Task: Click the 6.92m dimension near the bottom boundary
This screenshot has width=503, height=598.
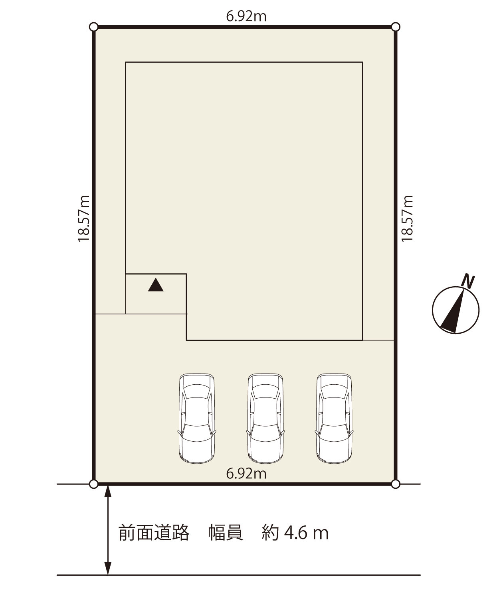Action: [246, 474]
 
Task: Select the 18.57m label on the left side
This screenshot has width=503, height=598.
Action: [84, 218]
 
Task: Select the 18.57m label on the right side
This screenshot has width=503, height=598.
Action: [407, 218]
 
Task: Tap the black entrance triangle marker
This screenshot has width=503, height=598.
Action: [156, 285]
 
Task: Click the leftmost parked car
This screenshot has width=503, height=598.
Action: [197, 419]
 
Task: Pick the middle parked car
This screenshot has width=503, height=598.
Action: [265, 419]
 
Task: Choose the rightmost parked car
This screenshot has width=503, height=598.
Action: [334, 419]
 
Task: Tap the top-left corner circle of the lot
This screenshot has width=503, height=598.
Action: [94, 27]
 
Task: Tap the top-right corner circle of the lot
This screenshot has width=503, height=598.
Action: [396, 27]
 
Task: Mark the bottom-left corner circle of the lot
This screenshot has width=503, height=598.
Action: [94, 484]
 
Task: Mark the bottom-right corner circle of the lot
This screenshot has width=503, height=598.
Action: [396, 484]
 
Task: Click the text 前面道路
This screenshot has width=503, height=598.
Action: [154, 533]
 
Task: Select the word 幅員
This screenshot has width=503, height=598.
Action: [226, 533]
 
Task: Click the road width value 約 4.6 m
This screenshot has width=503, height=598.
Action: [295, 533]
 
